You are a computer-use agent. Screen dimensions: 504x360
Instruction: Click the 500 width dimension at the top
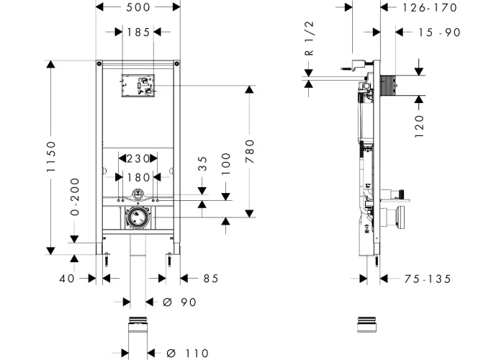tap(138, 7)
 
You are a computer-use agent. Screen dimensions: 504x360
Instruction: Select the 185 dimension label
tap(138, 32)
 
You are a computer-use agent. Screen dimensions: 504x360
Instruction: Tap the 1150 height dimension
tap(51, 156)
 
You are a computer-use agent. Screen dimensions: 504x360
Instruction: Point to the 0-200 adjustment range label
tap(75, 197)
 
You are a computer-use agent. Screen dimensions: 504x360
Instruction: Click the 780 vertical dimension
tap(250, 151)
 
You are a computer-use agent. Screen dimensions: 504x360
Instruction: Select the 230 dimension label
tap(138, 158)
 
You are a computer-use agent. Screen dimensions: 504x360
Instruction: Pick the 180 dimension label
tap(138, 177)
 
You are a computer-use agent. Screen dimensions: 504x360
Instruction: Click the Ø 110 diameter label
tap(187, 353)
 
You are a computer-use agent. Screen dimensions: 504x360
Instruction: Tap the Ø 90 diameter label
tap(179, 302)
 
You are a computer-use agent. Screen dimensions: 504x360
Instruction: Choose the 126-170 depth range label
tap(430, 7)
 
